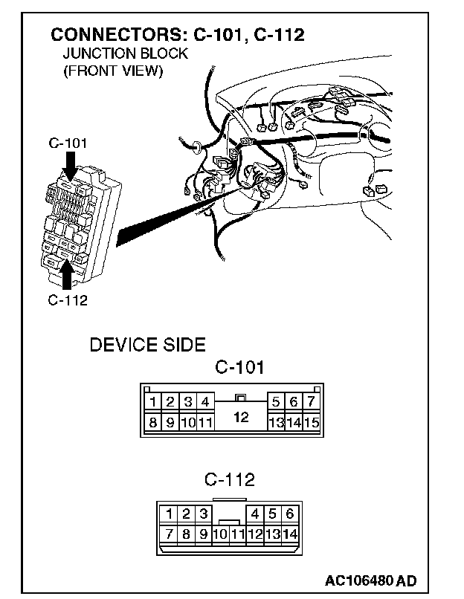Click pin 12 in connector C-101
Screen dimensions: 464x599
pos(240,417)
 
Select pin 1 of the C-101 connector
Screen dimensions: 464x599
pos(152,403)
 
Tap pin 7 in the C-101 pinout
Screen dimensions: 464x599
pos(312,403)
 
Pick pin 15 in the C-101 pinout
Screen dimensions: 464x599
pos(312,423)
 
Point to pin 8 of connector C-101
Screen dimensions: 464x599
pos(152,423)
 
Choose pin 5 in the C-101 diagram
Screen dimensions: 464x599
pos(276,403)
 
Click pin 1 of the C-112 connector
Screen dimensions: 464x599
pos(170,514)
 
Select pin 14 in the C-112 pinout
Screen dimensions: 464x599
pos(289,534)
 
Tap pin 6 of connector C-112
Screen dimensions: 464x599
pos(289,514)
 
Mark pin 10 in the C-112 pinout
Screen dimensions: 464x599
pos(220,534)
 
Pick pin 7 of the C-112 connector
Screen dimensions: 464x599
pos(170,534)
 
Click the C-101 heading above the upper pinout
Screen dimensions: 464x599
pos(239,367)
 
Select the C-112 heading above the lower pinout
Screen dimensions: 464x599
pos(229,479)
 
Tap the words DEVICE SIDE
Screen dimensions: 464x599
pos(147,346)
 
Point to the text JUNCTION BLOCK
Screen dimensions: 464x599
pos(125,54)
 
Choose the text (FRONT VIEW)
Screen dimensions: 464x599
pos(112,71)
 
